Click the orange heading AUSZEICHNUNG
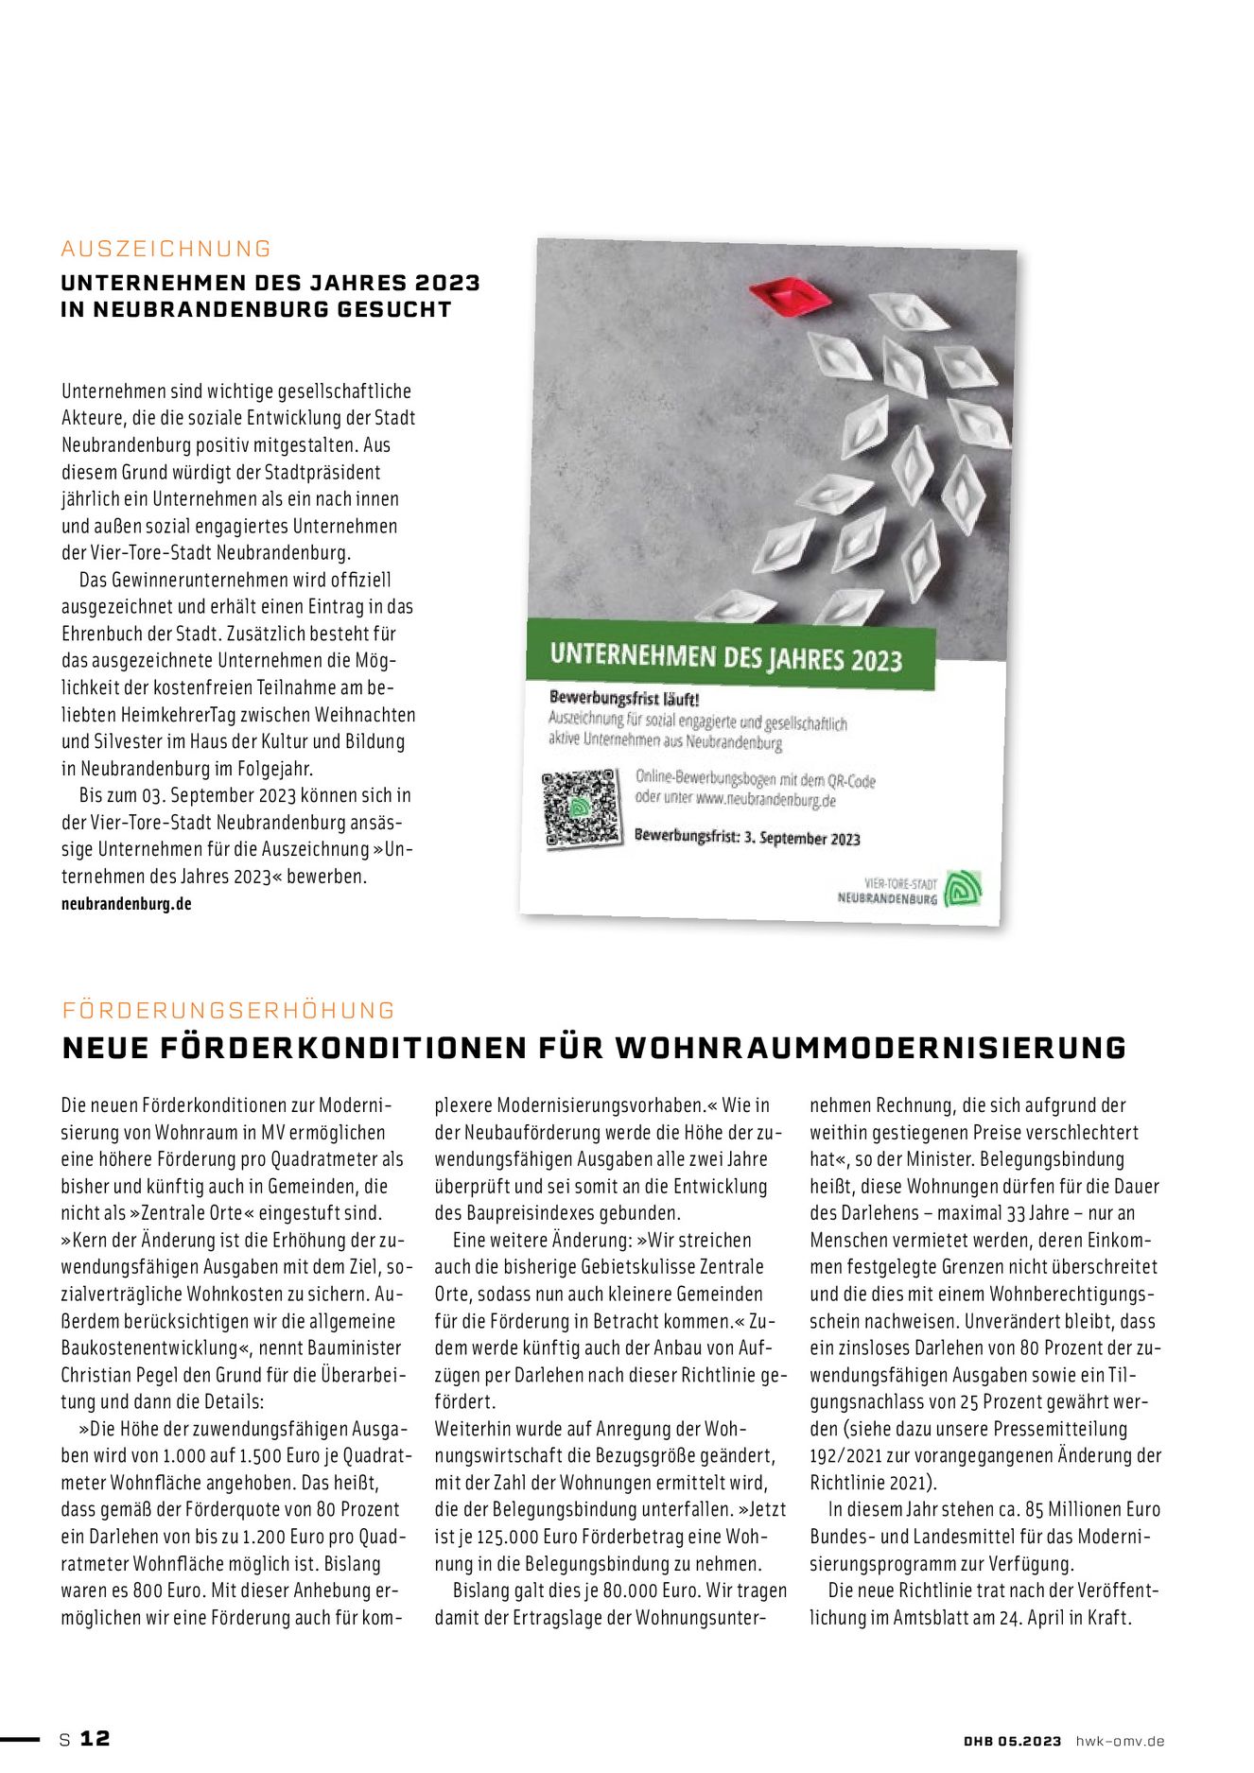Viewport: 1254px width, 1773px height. click(x=166, y=249)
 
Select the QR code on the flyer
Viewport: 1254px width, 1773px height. click(x=583, y=808)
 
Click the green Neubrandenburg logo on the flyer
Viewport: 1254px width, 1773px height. click(x=964, y=889)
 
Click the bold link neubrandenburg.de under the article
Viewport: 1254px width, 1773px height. click(x=127, y=904)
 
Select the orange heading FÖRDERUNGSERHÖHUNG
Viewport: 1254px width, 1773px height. click(x=229, y=1010)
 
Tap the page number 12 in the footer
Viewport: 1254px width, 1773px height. click(x=95, y=1738)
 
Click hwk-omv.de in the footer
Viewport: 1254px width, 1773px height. click(x=1120, y=1741)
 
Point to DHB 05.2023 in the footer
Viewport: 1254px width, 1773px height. click(x=1012, y=1741)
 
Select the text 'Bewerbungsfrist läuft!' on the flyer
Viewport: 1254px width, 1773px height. click(x=624, y=699)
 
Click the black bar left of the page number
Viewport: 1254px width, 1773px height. click(x=20, y=1738)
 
